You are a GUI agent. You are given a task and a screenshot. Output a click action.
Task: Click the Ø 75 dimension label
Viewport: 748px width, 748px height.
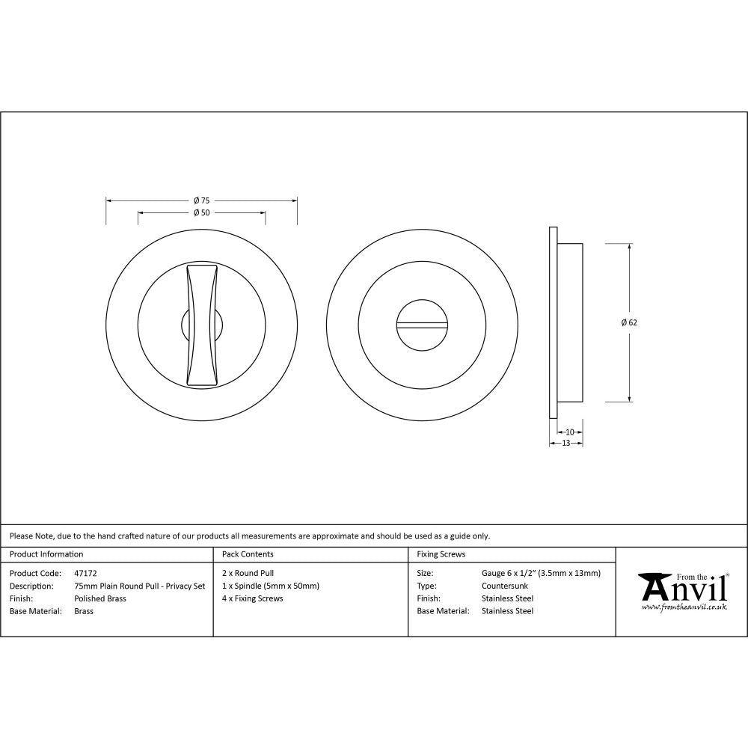tap(201, 200)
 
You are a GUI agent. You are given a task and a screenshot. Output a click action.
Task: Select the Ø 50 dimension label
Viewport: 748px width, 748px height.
tap(201, 213)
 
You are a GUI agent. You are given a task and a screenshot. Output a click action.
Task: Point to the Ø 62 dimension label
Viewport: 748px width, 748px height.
tap(629, 322)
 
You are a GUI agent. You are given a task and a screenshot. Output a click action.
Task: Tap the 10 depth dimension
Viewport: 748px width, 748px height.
tap(570, 432)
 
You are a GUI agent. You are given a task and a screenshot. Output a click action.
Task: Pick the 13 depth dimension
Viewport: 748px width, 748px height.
tap(565, 443)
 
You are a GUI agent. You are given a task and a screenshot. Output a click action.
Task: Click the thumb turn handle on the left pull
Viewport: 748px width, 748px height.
tap(202, 325)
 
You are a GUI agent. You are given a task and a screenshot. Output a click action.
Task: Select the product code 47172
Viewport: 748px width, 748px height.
tap(85, 574)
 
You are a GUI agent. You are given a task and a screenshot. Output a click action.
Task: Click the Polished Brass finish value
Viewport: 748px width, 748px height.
tap(100, 598)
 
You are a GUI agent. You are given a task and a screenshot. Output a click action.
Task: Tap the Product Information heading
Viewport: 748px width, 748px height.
tap(46, 554)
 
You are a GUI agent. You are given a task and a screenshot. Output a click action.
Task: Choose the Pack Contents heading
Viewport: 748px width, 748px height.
tap(248, 554)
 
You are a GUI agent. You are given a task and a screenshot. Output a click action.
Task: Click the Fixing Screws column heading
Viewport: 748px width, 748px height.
tap(441, 554)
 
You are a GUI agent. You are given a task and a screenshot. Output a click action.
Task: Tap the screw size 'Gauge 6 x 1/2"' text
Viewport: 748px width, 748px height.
tap(509, 574)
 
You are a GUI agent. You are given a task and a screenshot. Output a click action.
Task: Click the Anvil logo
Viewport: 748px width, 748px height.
tap(682, 588)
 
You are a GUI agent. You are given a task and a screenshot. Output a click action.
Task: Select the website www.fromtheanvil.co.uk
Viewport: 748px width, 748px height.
tap(684, 607)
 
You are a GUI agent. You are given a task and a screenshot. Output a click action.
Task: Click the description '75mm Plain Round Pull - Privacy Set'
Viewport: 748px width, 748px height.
tap(139, 586)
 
